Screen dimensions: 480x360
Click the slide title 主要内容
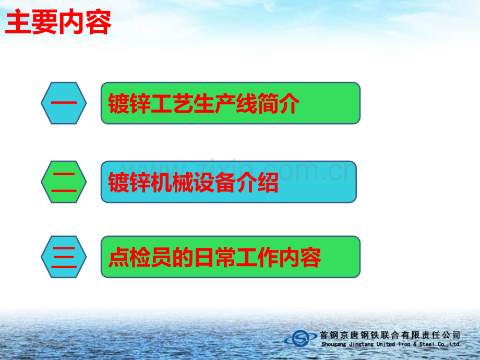pyautogui.click(x=58, y=22)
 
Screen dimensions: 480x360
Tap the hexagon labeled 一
pyautogui.click(x=64, y=103)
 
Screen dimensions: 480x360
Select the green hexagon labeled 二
pyautogui.click(x=64, y=182)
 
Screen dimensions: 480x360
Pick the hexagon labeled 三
pyautogui.click(x=64, y=257)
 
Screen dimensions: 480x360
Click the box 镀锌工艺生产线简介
pyautogui.click(x=231, y=103)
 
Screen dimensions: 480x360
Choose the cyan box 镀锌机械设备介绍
pyautogui.click(x=229, y=182)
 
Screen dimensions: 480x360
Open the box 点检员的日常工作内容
pyautogui.click(x=231, y=257)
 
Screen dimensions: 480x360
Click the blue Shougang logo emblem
pyautogui.click(x=301, y=338)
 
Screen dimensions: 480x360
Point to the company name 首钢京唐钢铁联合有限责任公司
pyautogui.click(x=390, y=335)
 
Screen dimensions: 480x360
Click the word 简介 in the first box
pyautogui.click(x=278, y=103)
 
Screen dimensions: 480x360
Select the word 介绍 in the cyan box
pyautogui.click(x=257, y=182)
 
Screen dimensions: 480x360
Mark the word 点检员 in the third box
pyautogui.click(x=140, y=257)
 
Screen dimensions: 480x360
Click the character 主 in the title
pyautogui.click(x=18, y=22)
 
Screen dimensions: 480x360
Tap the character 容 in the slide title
pyautogui.click(x=98, y=22)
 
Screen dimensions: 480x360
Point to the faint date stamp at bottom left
pyautogui.click(x=51, y=343)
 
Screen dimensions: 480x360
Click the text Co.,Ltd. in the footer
pyautogui.click(x=449, y=344)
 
